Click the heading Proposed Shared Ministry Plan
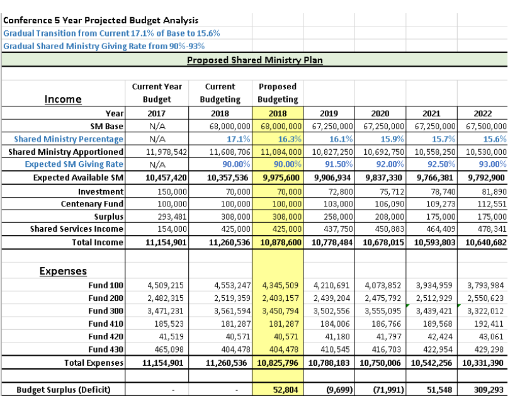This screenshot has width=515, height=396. coord(255,60)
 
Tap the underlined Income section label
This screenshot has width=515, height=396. coord(63,99)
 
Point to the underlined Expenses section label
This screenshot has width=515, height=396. coord(63,271)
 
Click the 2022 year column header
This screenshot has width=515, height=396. coord(482,114)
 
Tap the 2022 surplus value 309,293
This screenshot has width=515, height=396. coord(489,390)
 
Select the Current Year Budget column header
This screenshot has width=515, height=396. coord(157,93)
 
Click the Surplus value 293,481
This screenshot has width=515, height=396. coord(171,217)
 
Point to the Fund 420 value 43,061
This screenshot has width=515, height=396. coord(492,336)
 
